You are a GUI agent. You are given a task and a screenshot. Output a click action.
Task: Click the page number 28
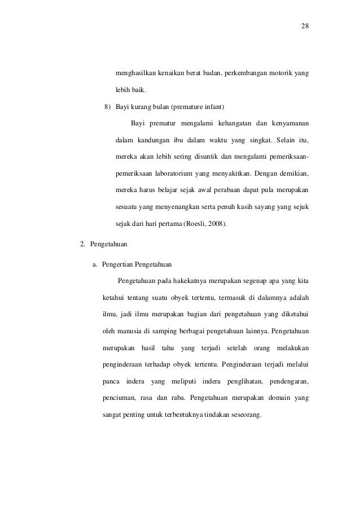(305, 27)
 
